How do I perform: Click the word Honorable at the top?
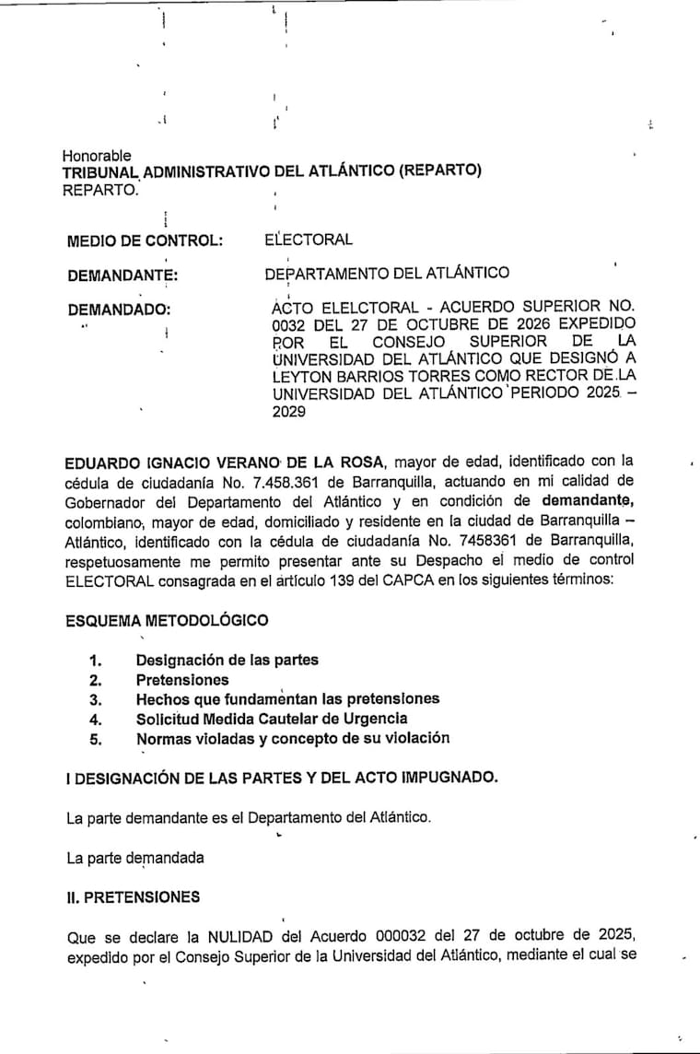[x=97, y=156]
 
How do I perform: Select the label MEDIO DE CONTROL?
[x=146, y=241]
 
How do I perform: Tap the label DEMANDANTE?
[x=122, y=275]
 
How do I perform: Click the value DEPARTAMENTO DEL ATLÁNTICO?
[x=387, y=273]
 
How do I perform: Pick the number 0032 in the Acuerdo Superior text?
[x=289, y=323]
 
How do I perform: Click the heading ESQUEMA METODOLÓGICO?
[x=168, y=620]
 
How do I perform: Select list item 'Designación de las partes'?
[x=227, y=660]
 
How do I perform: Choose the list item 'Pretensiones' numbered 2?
[x=182, y=680]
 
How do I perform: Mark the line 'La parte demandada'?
[x=135, y=858]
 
